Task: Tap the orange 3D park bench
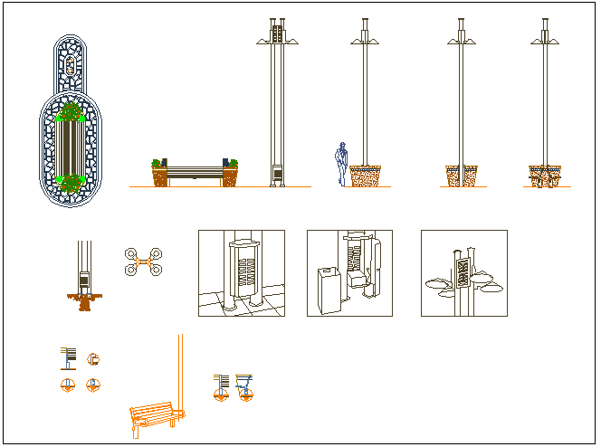click(155, 417)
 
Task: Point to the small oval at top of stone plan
click(70, 63)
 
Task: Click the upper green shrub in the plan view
click(69, 112)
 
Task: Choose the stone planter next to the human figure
click(365, 176)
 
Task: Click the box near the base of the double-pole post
click(276, 171)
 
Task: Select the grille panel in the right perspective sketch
click(463, 272)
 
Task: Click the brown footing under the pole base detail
click(85, 301)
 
